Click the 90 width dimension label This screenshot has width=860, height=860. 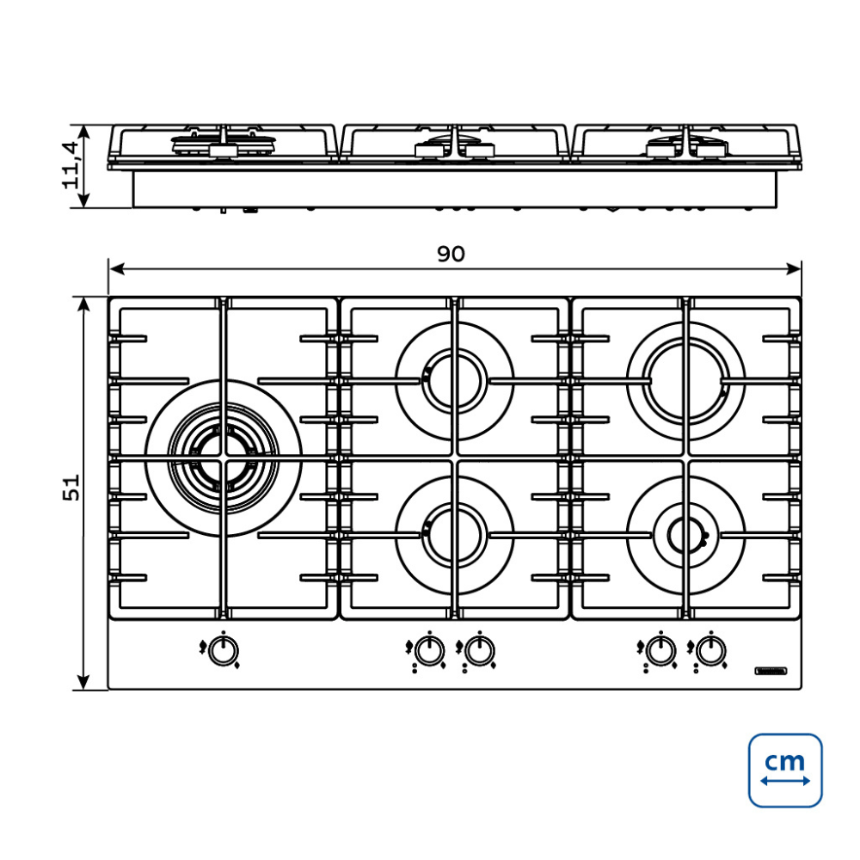(x=451, y=254)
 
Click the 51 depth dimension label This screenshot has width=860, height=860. (x=71, y=487)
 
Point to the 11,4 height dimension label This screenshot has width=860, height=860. (x=71, y=165)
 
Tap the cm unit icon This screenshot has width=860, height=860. (x=785, y=770)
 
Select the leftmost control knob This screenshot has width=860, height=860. (x=224, y=652)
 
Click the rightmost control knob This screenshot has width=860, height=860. (x=711, y=652)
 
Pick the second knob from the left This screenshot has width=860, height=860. (x=429, y=652)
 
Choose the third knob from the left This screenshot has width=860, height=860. (x=479, y=652)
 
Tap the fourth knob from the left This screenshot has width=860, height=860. (x=660, y=652)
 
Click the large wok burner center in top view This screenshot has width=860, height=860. (x=224, y=458)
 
